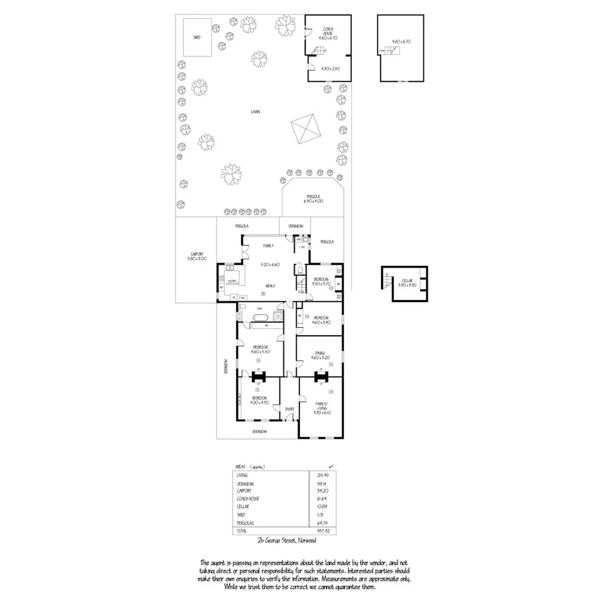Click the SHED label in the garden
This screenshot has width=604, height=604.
pyautogui.click(x=196, y=38)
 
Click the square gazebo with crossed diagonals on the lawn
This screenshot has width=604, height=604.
pyautogui.click(x=306, y=129)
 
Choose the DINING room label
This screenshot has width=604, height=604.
pyautogui.click(x=319, y=353)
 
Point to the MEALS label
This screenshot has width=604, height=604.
pyautogui.click(x=272, y=285)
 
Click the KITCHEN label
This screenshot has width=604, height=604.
pyautogui.click(x=231, y=280)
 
